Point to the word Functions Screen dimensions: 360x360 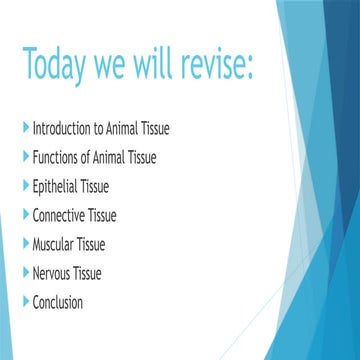pyautogui.click(x=57, y=157)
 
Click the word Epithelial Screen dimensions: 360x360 pyautogui.click(x=58, y=186)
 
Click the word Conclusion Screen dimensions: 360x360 pyautogui.click(x=58, y=302)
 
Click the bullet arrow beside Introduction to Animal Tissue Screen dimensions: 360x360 pyautogui.click(x=25, y=128)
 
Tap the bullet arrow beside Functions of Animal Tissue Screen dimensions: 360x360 pyautogui.click(x=25, y=157)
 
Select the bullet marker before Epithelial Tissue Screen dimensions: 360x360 pyautogui.click(x=25, y=186)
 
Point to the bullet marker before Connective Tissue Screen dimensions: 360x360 pyautogui.click(x=25, y=215)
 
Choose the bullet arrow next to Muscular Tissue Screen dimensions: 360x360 pyautogui.click(x=25, y=244)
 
